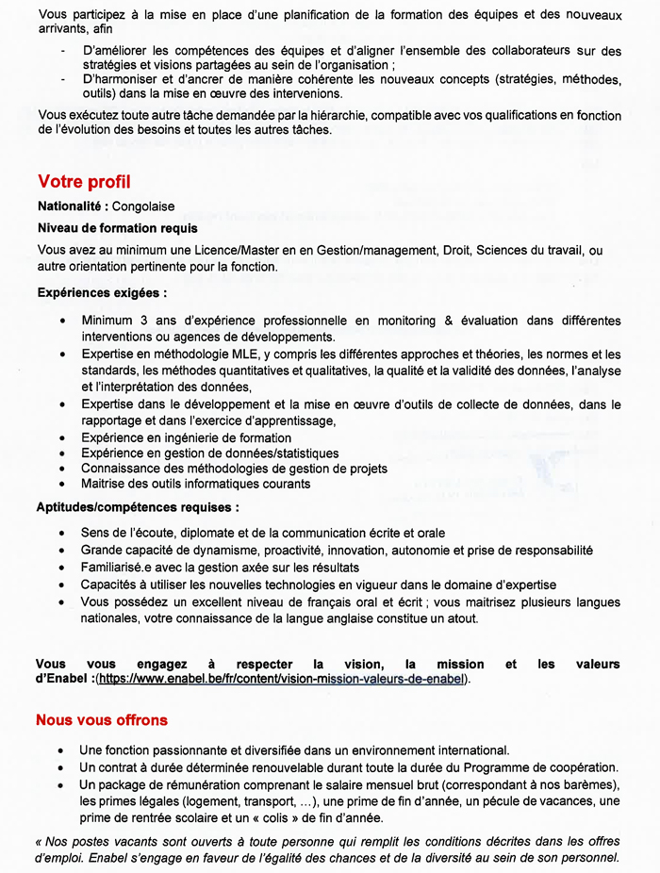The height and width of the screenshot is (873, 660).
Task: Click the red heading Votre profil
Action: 84,181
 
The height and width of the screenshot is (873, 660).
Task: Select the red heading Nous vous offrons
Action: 102,720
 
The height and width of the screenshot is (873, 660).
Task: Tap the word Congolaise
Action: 143,206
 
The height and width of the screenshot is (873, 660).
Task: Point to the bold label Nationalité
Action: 71,206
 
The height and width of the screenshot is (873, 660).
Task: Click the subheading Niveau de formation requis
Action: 118,228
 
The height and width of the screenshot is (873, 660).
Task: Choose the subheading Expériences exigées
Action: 103,293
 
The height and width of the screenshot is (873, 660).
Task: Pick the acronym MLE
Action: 247,354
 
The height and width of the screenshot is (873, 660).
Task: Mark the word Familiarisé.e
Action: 118,568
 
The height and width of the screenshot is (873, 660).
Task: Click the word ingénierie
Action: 186,438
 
